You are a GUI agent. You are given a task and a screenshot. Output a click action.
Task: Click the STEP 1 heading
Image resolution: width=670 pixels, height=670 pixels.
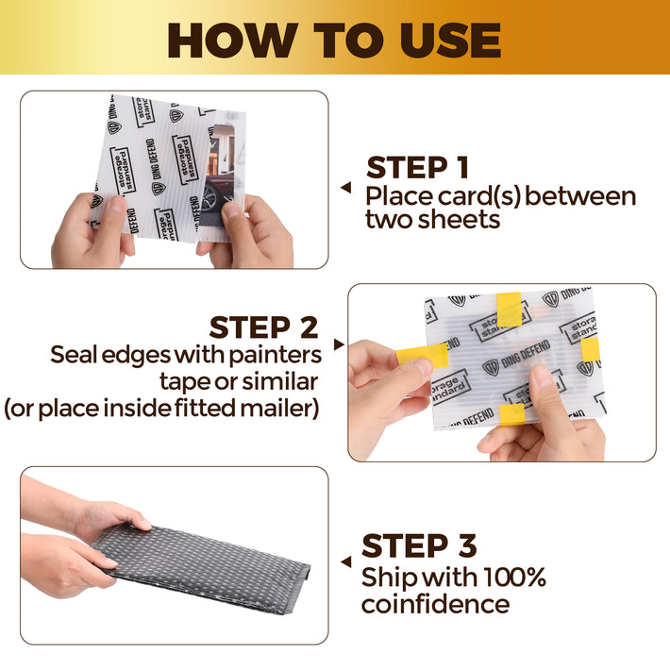coord(417,167)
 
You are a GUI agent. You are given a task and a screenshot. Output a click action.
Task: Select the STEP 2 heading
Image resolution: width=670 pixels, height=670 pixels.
coord(263,327)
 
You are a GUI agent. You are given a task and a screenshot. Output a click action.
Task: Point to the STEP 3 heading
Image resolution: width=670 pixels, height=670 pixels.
coord(419,545)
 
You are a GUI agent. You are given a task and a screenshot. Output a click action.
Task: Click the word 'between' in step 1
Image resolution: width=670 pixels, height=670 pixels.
coord(580,196)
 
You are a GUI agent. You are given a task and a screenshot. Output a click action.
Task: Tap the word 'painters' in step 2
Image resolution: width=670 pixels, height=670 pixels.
coord(276,356)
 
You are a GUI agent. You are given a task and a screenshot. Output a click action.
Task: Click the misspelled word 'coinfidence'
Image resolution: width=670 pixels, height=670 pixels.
coord(435,604)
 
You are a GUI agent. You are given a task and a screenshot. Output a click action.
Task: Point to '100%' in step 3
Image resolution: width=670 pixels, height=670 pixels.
coord(515,578)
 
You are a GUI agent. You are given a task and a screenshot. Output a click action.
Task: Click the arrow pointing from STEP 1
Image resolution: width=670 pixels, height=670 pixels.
coord(346,187)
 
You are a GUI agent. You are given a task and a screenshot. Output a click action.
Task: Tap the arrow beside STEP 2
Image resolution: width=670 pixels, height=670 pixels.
coord(339,344)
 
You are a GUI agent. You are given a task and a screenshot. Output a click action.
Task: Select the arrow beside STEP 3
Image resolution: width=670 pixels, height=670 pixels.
coord(346,561)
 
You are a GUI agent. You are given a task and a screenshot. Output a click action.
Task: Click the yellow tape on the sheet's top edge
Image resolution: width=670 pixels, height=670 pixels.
coord(510,310)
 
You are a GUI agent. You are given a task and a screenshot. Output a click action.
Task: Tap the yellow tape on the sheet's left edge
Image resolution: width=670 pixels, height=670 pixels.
coord(422,356)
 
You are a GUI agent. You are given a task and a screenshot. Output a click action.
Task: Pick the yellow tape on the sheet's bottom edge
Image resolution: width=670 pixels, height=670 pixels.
coord(511,414)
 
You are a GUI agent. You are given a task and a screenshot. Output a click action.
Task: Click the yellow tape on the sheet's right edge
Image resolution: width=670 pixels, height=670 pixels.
coord(591,349)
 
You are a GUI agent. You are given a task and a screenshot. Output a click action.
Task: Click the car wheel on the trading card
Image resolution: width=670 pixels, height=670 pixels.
coord(211,196)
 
